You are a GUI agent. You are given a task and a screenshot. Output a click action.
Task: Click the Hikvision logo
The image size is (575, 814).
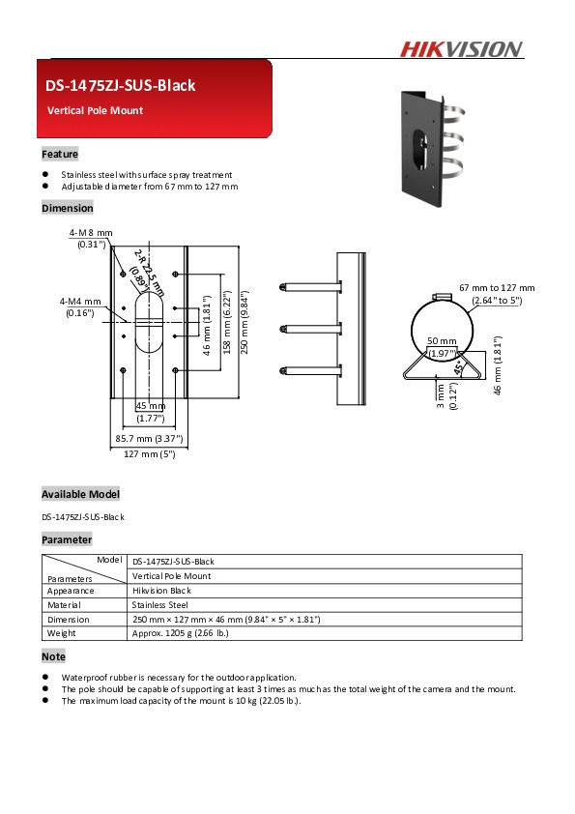461,49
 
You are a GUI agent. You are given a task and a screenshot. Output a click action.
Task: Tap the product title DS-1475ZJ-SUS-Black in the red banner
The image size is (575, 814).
120,85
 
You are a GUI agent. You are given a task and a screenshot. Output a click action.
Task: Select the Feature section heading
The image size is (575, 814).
60,154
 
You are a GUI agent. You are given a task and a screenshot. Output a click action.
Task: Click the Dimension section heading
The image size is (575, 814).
68,208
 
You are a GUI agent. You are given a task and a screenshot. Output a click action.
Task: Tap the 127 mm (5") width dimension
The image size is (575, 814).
149,453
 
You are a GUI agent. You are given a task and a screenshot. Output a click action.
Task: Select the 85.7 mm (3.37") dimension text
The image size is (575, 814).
149,438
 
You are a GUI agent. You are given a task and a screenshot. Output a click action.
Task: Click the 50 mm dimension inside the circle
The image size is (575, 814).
442,341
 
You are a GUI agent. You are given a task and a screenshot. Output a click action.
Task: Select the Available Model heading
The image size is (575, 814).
80,494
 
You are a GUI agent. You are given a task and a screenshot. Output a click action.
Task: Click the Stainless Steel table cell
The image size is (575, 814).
159,604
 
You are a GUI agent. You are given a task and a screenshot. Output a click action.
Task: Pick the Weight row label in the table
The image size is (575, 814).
62,633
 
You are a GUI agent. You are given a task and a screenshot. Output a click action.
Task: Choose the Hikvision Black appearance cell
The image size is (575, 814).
161,590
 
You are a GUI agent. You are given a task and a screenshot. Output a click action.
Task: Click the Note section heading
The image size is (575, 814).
53,656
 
